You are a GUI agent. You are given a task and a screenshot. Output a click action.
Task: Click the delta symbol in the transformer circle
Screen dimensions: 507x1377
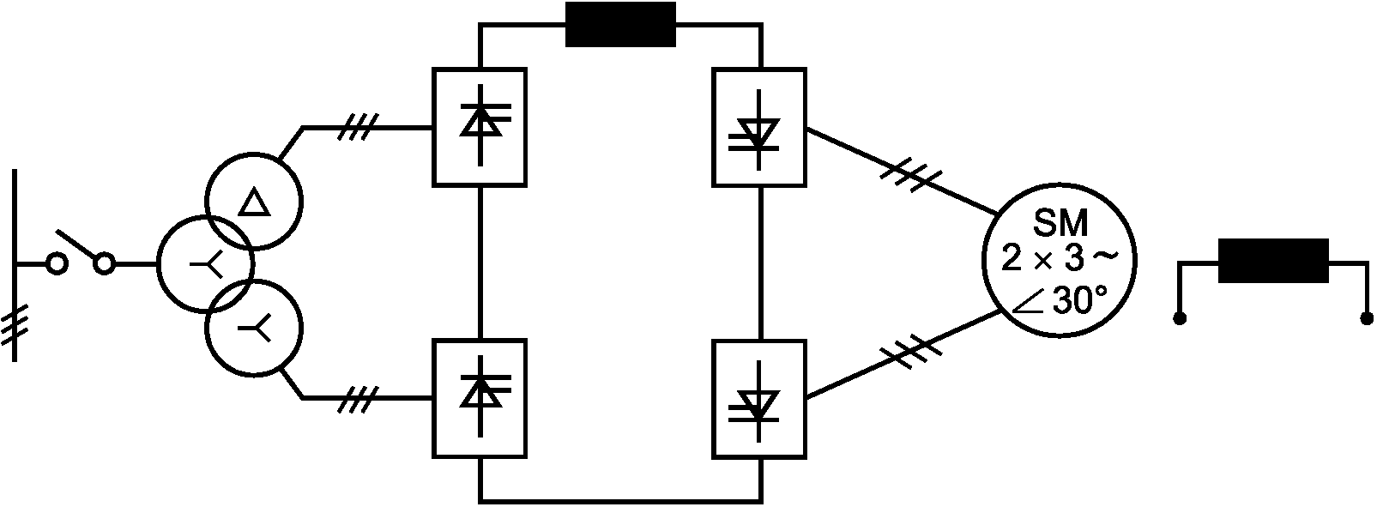click(254, 203)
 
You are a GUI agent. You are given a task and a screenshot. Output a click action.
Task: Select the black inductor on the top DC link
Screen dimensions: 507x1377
click(620, 25)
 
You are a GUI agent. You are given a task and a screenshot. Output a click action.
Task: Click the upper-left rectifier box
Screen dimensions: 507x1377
click(480, 127)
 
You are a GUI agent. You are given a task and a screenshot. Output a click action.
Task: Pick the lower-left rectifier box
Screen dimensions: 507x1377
click(480, 398)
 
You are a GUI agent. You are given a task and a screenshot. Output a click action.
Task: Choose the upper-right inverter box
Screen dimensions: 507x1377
click(759, 127)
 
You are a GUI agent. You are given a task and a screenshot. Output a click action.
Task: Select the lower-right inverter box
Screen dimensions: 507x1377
click(759, 398)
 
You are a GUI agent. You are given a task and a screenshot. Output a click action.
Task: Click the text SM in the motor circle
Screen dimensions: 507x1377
click(1060, 224)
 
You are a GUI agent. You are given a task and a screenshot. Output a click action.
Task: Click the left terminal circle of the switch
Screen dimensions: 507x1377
click(57, 264)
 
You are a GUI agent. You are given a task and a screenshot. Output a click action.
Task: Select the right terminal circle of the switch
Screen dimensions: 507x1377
click(105, 264)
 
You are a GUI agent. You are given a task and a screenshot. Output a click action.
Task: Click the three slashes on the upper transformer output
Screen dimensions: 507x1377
click(356, 129)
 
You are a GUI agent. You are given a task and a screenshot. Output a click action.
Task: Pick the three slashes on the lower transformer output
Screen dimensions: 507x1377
click(356, 399)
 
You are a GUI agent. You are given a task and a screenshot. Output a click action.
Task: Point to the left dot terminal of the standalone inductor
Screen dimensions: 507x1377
click(1181, 319)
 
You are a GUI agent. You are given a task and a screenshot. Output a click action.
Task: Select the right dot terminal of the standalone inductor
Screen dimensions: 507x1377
click(1367, 319)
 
